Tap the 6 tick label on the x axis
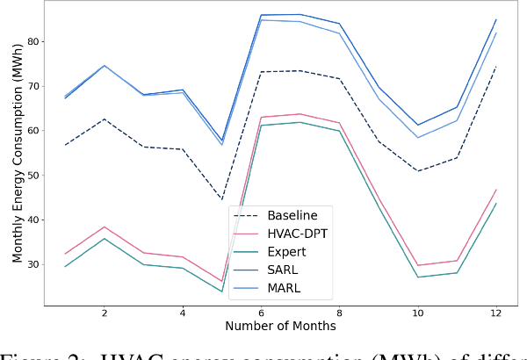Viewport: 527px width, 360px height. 261,313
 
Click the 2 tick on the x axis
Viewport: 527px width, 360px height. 105,313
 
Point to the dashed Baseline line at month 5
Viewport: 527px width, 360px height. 221,199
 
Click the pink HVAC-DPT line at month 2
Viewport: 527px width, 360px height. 105,227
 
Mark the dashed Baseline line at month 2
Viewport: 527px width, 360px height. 105,119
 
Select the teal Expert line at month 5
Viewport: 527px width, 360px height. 221,292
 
